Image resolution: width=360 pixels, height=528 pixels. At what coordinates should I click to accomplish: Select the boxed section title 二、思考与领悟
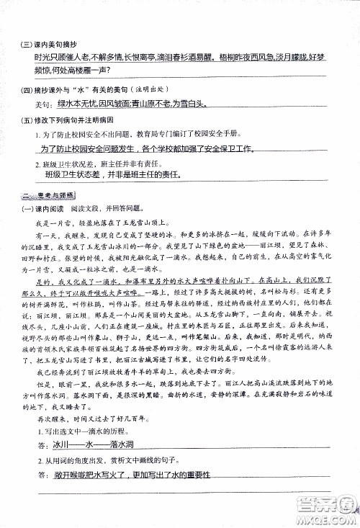tap(49, 197)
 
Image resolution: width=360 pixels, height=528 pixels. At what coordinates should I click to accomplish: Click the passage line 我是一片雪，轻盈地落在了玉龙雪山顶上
tap(109, 223)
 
